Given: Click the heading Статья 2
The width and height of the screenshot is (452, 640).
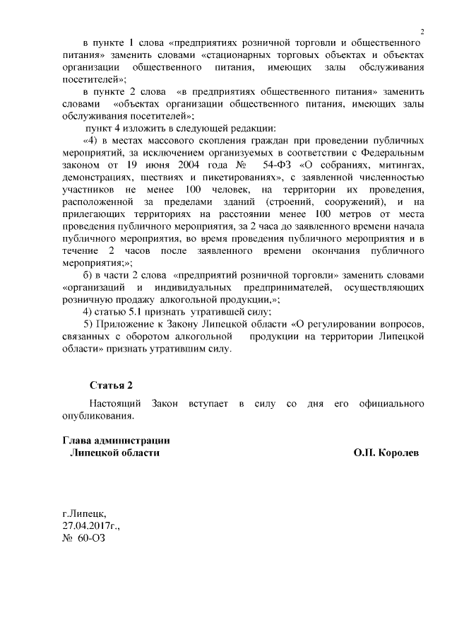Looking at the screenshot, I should (111, 385).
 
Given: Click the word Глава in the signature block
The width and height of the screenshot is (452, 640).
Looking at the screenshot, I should (79, 441).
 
